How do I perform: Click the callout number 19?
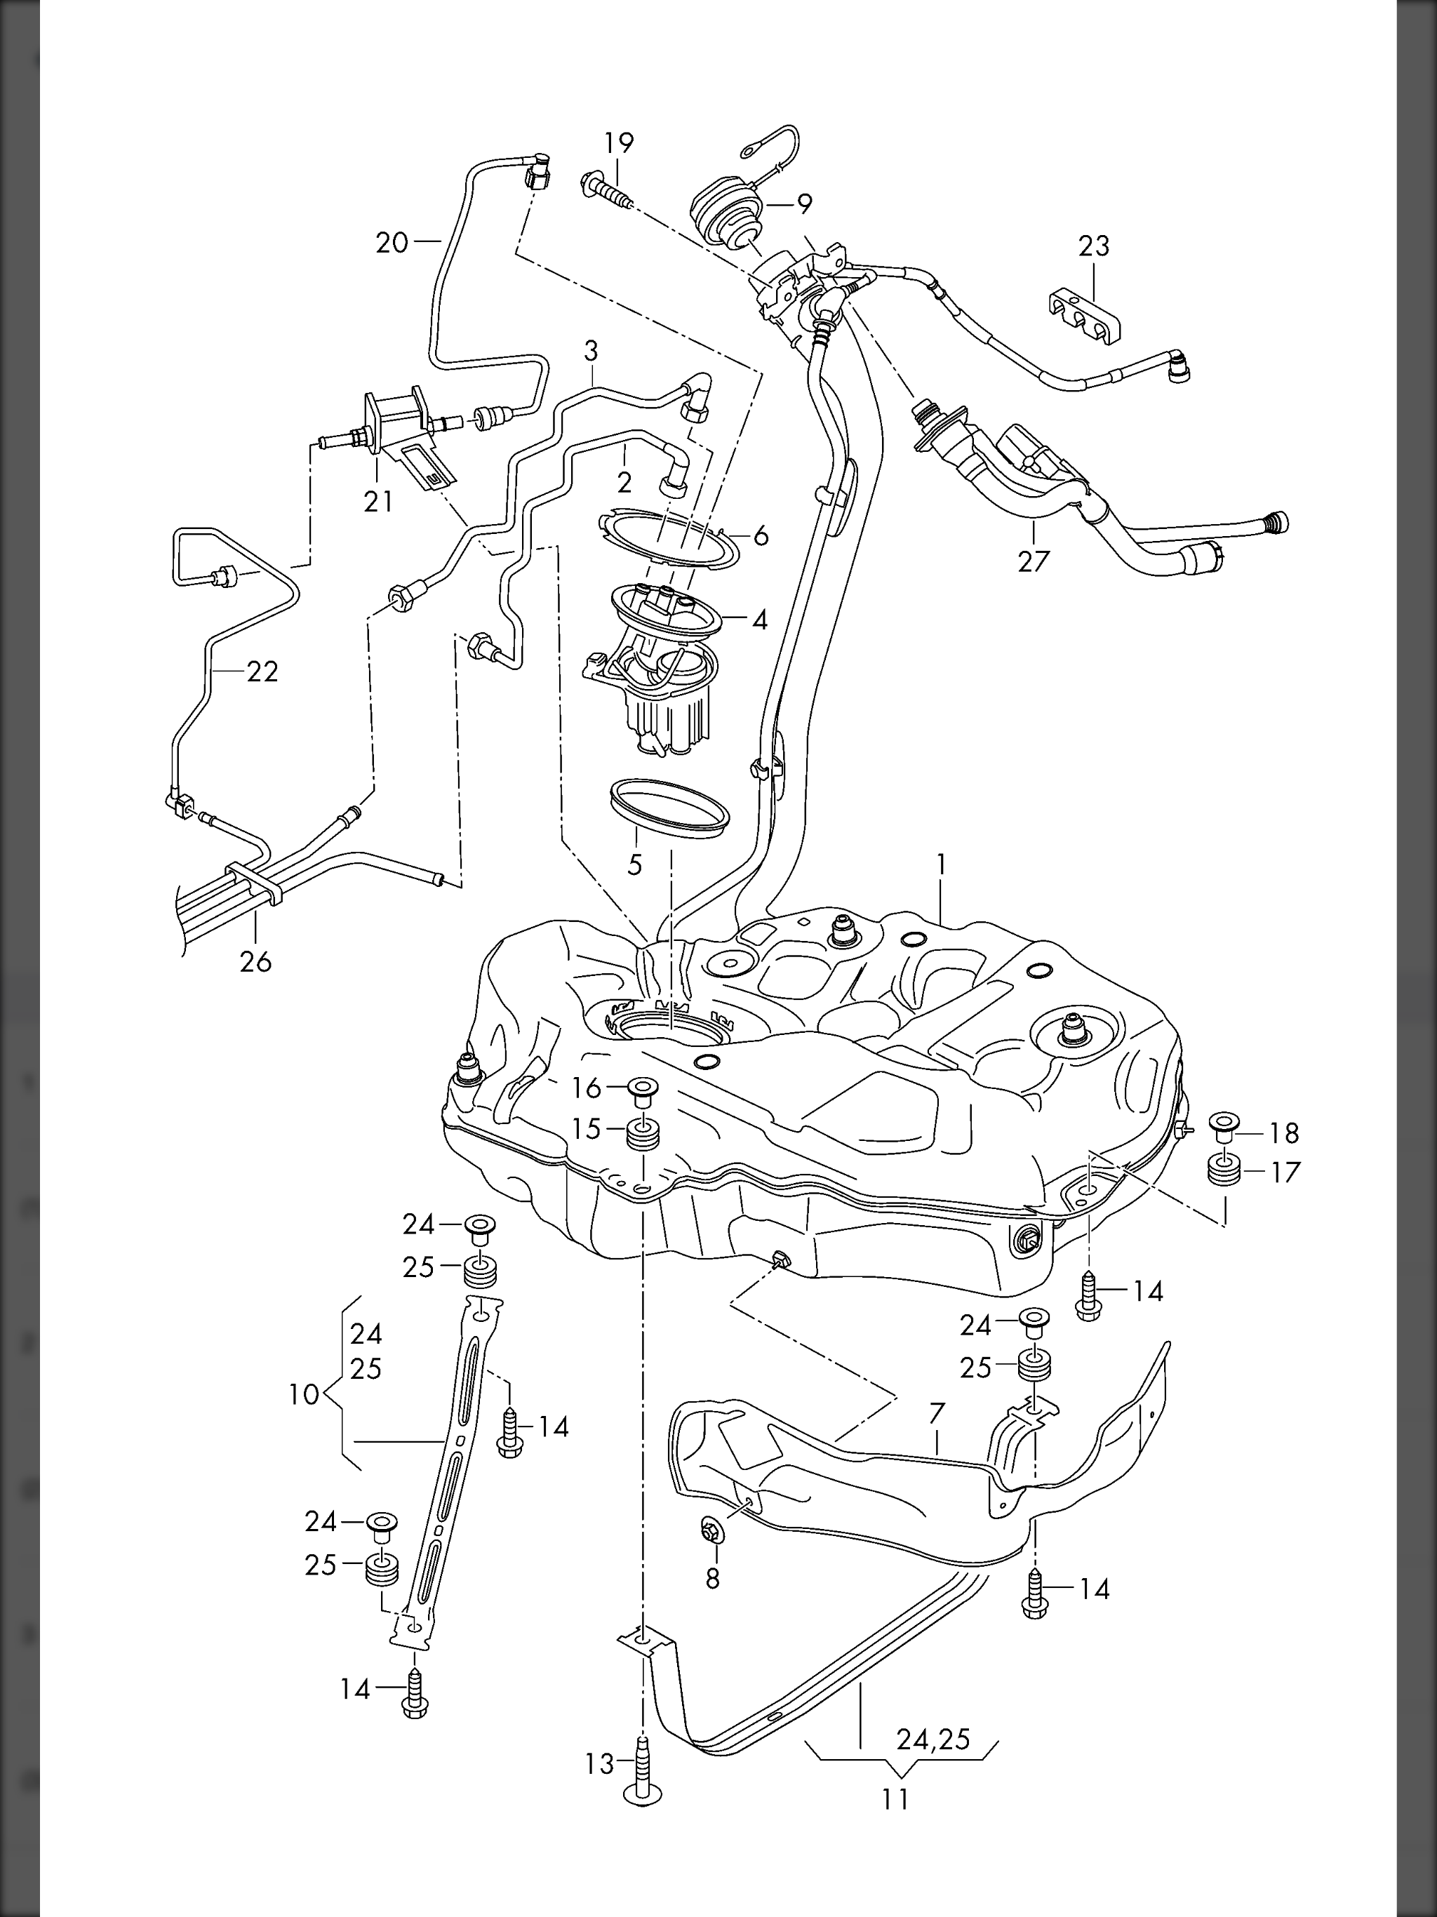(x=619, y=143)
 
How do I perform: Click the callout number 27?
(x=1033, y=561)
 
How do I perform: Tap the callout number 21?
(x=378, y=501)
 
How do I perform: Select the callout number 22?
(x=262, y=672)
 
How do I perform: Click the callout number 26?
(x=255, y=961)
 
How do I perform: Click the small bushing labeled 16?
(x=641, y=1089)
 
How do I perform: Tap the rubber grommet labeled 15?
(x=641, y=1133)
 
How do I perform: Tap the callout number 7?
(x=936, y=1412)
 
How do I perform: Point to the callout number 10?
(x=305, y=1395)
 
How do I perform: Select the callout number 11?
(x=895, y=1800)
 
